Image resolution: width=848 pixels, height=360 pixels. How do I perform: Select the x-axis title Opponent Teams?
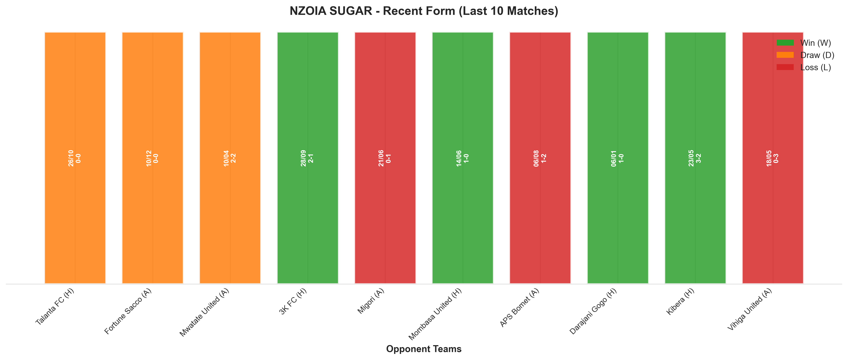[424, 349]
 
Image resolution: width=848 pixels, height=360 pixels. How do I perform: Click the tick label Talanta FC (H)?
[55, 307]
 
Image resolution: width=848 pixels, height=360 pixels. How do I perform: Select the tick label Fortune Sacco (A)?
[128, 311]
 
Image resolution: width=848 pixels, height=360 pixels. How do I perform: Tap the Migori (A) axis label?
[371, 301]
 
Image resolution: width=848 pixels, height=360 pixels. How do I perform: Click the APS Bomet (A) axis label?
[519, 308]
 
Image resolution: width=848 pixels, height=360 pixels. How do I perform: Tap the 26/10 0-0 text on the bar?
[74, 158]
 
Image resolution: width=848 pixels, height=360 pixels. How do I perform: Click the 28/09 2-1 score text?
[307, 158]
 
